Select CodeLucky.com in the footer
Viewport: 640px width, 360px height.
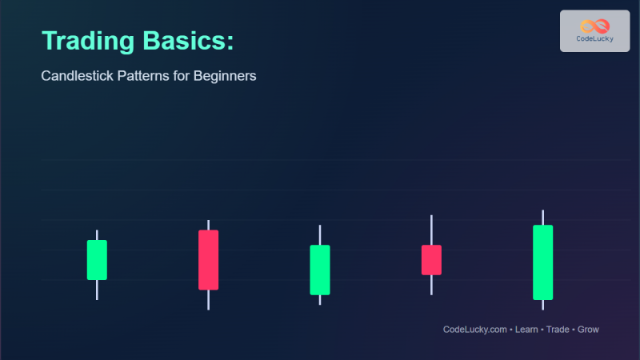tap(475, 330)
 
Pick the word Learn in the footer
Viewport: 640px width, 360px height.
tap(526, 330)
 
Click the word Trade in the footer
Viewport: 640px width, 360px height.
tap(558, 330)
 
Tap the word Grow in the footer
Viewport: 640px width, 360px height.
tap(588, 330)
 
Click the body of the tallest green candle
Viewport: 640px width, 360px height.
tap(542, 262)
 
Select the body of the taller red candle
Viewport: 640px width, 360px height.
tap(208, 260)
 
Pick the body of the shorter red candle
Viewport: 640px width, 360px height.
tap(431, 260)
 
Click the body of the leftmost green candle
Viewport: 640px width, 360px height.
tap(97, 260)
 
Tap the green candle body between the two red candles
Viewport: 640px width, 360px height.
tap(320, 270)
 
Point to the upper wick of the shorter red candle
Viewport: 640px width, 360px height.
tap(431, 230)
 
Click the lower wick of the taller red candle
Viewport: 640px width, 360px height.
tap(208, 299)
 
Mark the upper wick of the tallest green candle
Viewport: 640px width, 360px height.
tap(542, 218)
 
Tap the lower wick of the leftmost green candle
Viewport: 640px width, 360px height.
tap(97, 290)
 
